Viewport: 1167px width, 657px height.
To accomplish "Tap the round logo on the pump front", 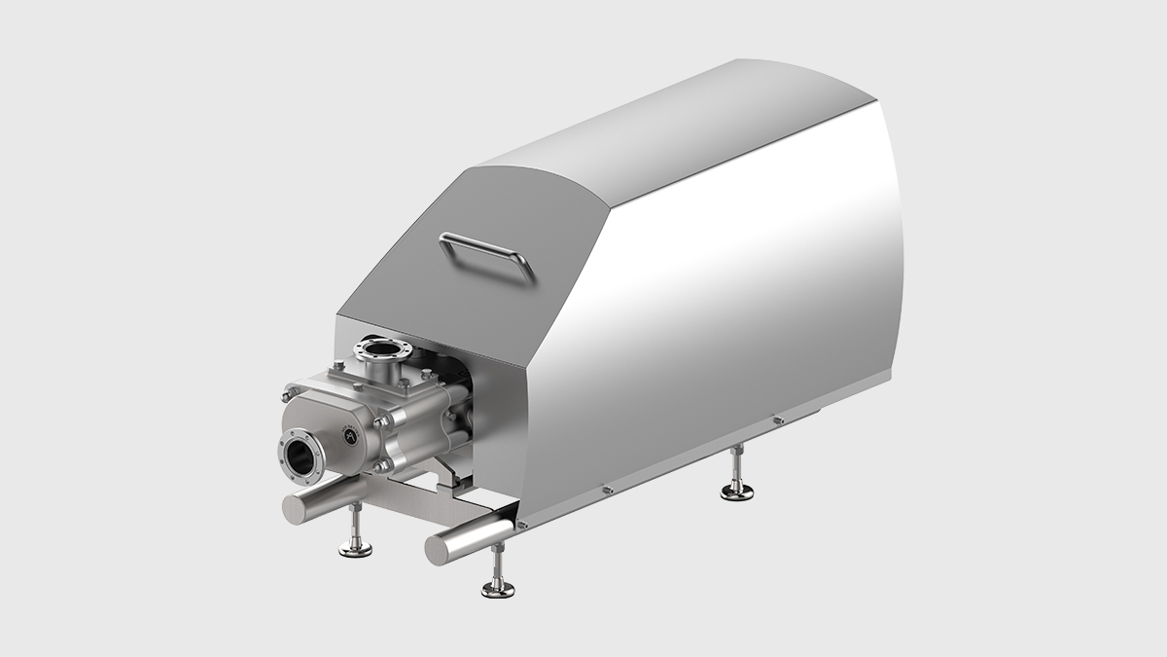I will pyautogui.click(x=348, y=439).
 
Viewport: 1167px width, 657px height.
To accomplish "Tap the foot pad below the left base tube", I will pyautogui.click(x=355, y=550).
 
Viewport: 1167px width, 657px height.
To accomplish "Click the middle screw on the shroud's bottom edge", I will pyautogui.click(x=606, y=489).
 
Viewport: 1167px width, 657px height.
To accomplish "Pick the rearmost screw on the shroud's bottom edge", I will pyautogui.click(x=777, y=420).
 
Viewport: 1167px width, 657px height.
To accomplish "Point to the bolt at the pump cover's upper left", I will pyautogui.click(x=291, y=393).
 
